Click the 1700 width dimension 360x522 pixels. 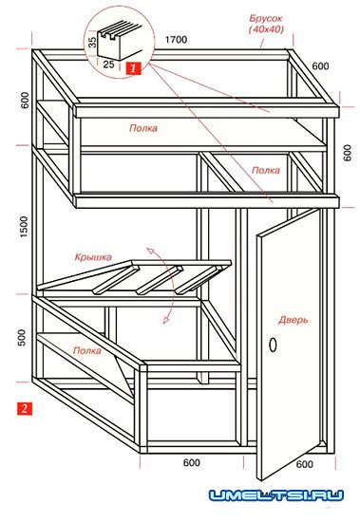click(176, 40)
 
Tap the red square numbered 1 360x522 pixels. click(133, 68)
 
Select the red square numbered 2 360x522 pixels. click(25, 408)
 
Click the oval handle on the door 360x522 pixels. click(273, 345)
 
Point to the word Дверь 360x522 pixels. click(294, 320)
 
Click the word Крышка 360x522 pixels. click(93, 257)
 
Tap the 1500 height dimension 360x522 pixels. click(24, 227)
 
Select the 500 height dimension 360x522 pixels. click(21, 337)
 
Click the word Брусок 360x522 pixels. click(266, 19)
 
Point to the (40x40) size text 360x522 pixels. click(266, 29)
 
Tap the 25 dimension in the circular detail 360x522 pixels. click(108, 65)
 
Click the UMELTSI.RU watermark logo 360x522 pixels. click(276, 495)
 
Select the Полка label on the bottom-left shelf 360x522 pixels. click(87, 350)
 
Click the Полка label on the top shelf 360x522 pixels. click(143, 128)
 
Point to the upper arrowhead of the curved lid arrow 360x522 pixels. click(150, 250)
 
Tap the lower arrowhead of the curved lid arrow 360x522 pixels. click(166, 320)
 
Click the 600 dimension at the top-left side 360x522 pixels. click(25, 101)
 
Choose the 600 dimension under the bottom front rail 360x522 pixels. click(192, 462)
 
